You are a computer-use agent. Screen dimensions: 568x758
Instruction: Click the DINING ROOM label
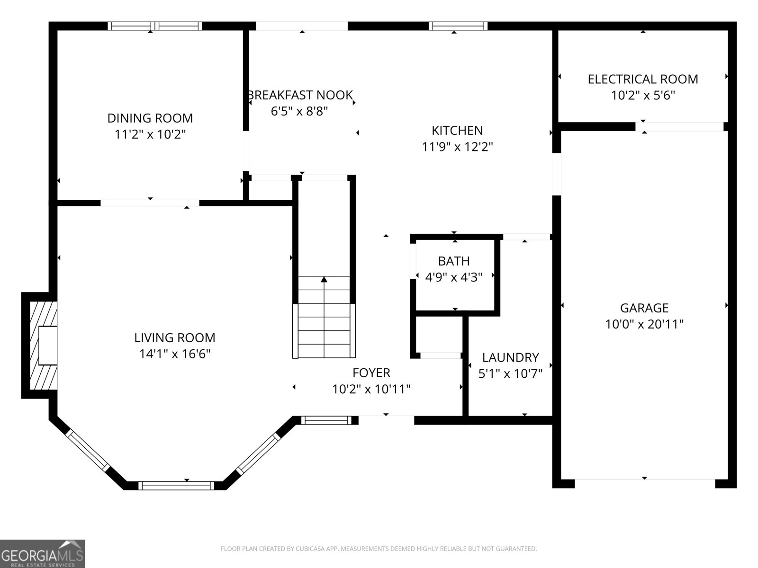150,118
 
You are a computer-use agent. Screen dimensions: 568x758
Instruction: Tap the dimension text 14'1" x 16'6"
175,354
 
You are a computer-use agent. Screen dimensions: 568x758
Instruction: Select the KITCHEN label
457,130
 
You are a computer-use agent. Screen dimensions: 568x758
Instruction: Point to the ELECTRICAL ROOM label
643,79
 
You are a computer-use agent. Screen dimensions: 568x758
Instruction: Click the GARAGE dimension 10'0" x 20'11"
644,324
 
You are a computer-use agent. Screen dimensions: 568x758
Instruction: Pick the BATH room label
454,261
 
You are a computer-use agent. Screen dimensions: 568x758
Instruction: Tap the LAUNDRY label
510,357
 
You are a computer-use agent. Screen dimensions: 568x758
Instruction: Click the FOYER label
371,373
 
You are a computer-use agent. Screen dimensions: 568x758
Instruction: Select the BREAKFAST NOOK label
300,95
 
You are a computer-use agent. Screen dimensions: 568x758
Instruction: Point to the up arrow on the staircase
324,280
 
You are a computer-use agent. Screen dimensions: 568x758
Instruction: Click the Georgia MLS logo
42,554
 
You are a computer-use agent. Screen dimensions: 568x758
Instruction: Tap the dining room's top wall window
155,26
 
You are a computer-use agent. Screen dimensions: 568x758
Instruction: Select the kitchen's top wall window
458,26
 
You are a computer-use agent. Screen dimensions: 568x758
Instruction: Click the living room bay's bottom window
176,485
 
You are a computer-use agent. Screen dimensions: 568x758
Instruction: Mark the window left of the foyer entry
326,420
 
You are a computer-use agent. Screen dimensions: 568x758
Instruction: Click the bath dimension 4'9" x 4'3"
454,277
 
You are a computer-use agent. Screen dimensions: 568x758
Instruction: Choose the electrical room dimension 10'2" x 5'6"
643,96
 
